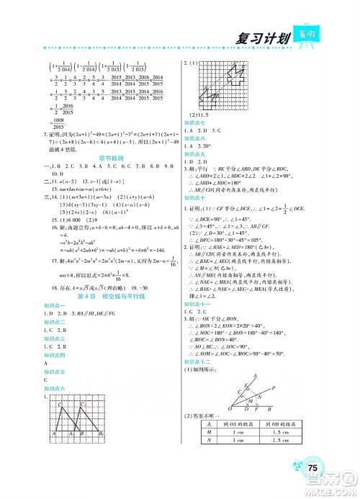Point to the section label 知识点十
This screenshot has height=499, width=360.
(x=201, y=196)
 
